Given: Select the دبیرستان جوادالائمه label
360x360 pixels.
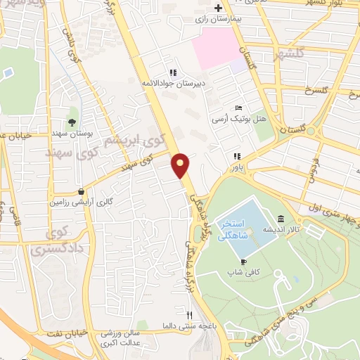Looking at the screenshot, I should point(172,84).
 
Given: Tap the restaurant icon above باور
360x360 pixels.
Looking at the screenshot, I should point(238,155).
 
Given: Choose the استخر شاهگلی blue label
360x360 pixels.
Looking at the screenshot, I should point(233,229).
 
